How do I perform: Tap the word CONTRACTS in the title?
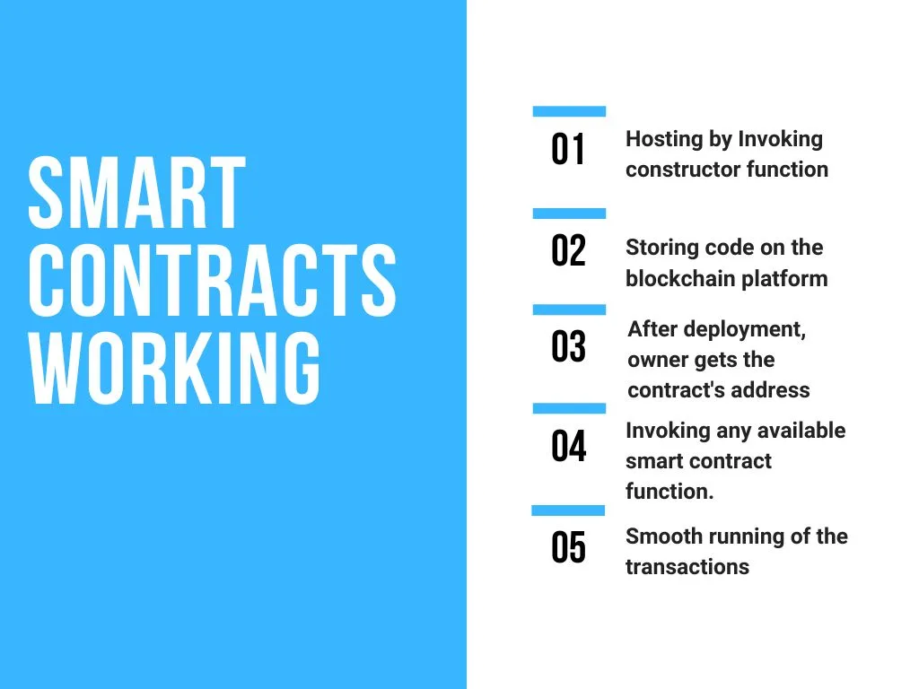pyautogui.click(x=212, y=280)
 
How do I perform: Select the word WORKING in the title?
pyautogui.click(x=174, y=368)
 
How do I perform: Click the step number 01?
pyautogui.click(x=568, y=150)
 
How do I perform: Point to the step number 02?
pyautogui.click(x=568, y=251)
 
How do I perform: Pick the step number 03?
pyautogui.click(x=568, y=346)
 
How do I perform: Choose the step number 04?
pyautogui.click(x=568, y=447)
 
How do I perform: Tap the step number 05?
pyautogui.click(x=568, y=548)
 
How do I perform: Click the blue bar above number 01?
pyautogui.click(x=569, y=111)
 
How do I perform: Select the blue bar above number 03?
pyautogui.click(x=569, y=310)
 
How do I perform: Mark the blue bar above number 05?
pyautogui.click(x=568, y=510)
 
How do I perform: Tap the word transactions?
pyautogui.click(x=687, y=567)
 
